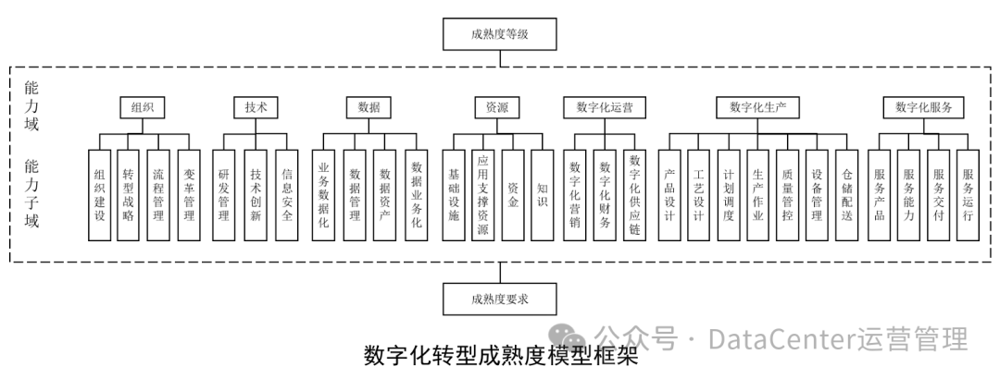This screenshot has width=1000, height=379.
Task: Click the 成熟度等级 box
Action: (501, 35)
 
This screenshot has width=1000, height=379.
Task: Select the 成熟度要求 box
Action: (501, 298)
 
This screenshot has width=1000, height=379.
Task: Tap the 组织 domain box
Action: (142, 107)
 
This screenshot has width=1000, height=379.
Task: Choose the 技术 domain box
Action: (256, 107)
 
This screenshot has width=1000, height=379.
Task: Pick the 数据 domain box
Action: (369, 107)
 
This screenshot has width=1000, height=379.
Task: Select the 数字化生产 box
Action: (757, 107)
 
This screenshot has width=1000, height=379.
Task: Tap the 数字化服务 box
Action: (923, 107)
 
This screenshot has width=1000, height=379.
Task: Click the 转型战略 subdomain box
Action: (129, 195)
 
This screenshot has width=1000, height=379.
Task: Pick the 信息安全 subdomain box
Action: (287, 195)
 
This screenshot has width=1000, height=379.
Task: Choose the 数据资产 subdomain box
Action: (386, 195)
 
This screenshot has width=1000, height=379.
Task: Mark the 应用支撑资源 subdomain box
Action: (481, 195)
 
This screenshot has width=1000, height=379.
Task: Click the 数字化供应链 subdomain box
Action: (635, 195)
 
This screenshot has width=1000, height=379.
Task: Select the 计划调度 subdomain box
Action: (728, 195)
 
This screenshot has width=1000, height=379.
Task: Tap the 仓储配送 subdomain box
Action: (847, 195)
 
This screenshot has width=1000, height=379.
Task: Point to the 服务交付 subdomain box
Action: (938, 195)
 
